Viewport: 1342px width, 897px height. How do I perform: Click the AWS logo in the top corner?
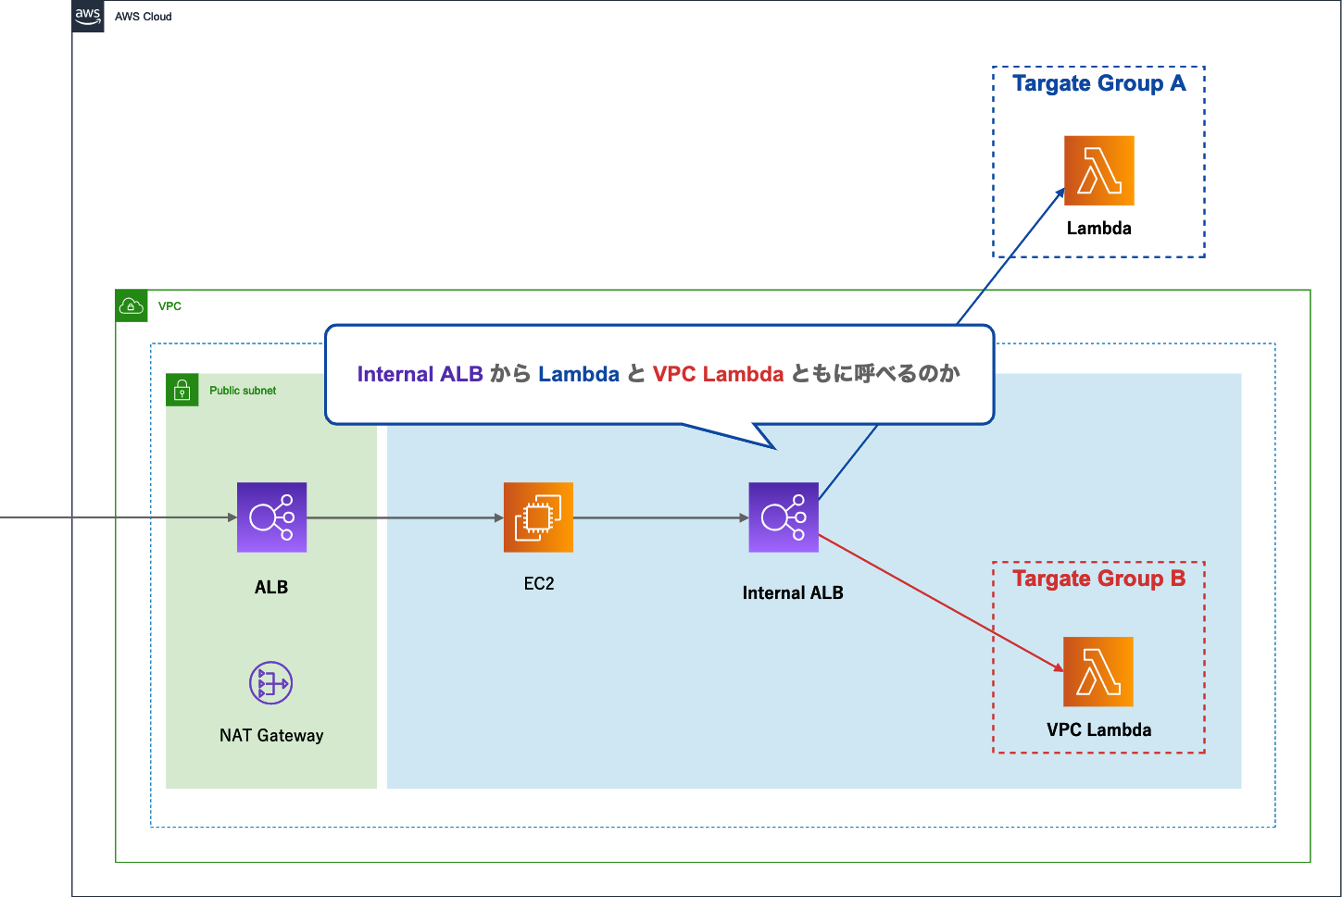pos(88,16)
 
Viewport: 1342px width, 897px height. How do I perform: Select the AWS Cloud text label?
pos(144,17)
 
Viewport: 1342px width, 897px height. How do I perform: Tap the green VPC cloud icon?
pos(132,306)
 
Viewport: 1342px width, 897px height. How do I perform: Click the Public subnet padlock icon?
pos(182,391)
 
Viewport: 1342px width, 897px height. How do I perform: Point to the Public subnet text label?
pos(243,391)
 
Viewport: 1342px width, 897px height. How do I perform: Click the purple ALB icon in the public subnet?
pos(271,517)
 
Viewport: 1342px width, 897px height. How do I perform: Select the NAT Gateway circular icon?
pos(271,683)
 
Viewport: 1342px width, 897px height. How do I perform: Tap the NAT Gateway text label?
pos(271,736)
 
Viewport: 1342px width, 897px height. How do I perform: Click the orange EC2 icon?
pos(538,517)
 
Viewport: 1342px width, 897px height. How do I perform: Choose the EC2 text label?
pos(539,584)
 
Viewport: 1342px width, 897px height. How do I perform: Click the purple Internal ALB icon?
pos(784,517)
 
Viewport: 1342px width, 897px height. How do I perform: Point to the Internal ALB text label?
pos(793,593)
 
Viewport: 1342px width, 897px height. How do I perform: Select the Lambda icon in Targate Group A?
pos(1098,171)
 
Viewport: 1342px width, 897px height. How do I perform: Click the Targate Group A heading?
pos(1098,84)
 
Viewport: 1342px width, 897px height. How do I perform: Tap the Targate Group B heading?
pos(1098,579)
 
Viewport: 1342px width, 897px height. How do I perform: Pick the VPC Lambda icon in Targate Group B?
pos(1098,671)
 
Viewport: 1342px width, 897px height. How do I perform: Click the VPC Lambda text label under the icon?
pos(1098,730)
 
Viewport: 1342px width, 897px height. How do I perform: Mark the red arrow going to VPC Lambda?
pos(940,602)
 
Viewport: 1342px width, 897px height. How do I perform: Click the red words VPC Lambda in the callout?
pos(718,374)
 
